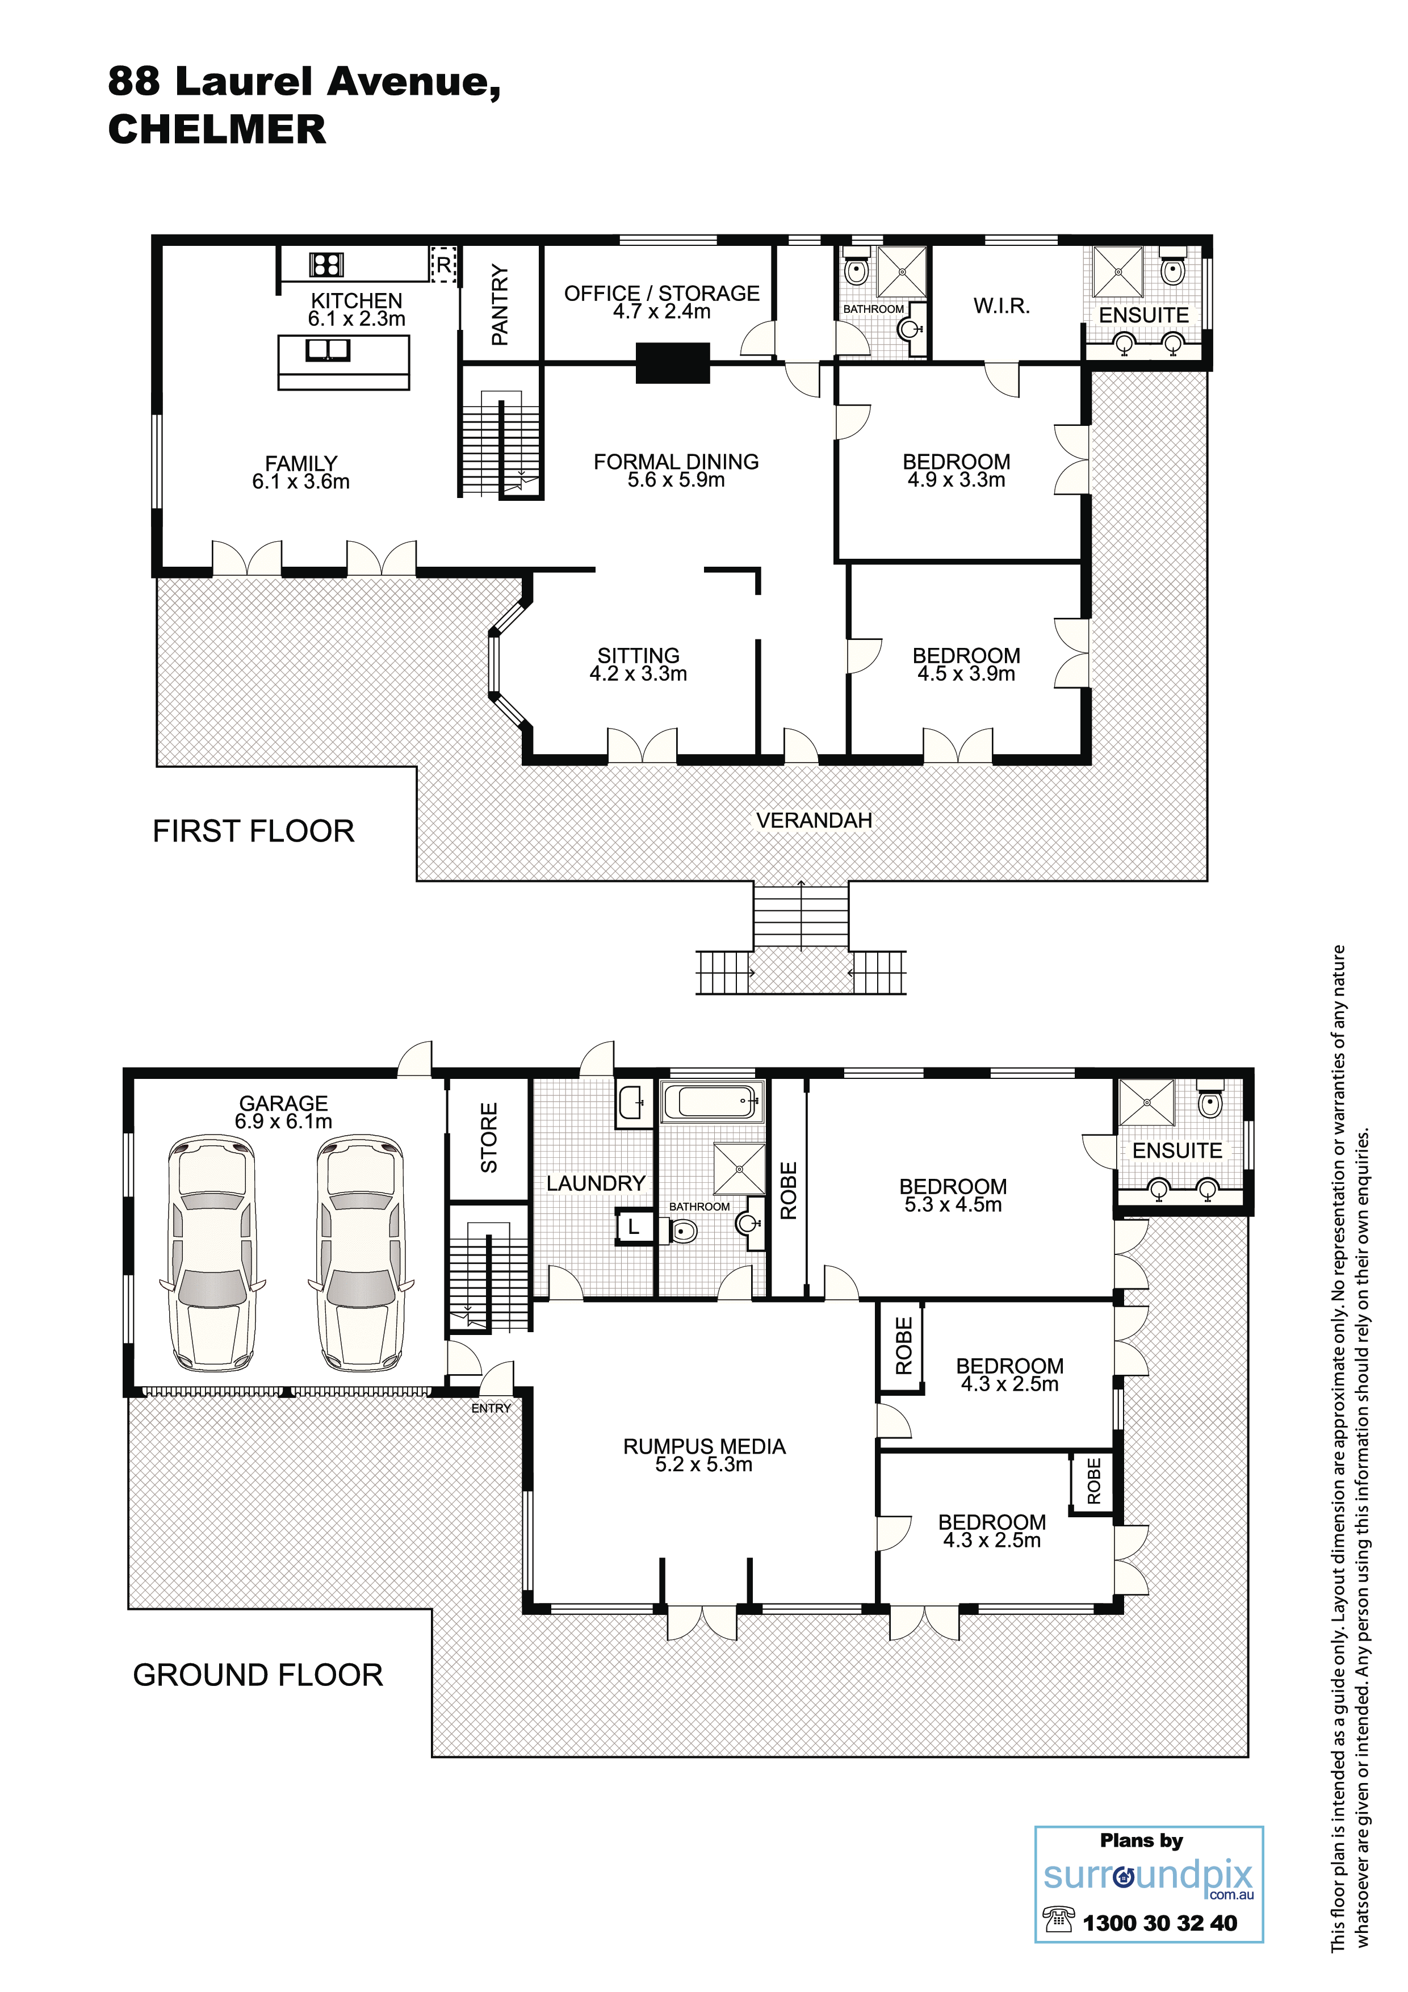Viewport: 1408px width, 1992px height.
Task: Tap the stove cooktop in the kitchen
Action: pyautogui.click(x=326, y=263)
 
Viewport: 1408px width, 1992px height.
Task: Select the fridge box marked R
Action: pyautogui.click(x=443, y=263)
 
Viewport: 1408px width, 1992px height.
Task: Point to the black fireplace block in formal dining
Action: pyautogui.click(x=673, y=363)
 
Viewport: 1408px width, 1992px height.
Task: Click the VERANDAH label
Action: pyautogui.click(x=814, y=820)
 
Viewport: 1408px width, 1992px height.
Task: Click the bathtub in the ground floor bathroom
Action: pyautogui.click(x=713, y=1103)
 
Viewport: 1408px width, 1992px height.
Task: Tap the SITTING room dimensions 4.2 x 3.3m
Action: pyautogui.click(x=639, y=674)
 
